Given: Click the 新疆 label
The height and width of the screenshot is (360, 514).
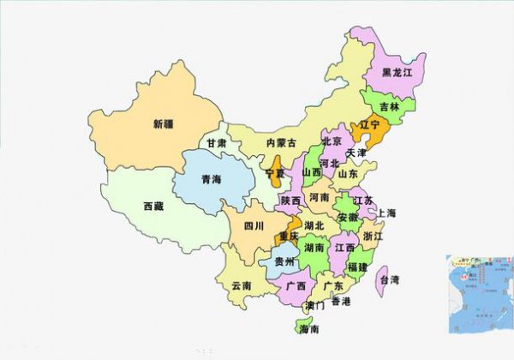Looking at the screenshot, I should (163, 123).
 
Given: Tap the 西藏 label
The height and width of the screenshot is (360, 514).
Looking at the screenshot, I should (153, 206).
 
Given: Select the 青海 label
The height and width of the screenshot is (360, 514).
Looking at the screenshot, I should (211, 179).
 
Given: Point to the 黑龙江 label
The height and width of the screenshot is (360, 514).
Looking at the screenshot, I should (397, 73).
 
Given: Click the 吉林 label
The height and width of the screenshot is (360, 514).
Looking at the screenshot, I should (390, 107).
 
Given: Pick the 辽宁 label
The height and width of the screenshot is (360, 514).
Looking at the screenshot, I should (369, 125).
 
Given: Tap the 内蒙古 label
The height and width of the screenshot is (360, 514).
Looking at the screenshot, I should (281, 142).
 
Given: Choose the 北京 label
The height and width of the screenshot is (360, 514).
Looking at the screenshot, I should (332, 141).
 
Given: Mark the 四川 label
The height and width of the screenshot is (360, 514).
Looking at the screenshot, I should (254, 226).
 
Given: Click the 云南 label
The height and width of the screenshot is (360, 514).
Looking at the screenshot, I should (241, 285).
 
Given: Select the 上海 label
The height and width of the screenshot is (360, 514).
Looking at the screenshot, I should (385, 213).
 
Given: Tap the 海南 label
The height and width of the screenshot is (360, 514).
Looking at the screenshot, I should (308, 329).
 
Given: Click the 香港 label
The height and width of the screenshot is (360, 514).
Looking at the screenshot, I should (341, 301).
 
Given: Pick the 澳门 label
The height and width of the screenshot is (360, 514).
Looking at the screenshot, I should (314, 304).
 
